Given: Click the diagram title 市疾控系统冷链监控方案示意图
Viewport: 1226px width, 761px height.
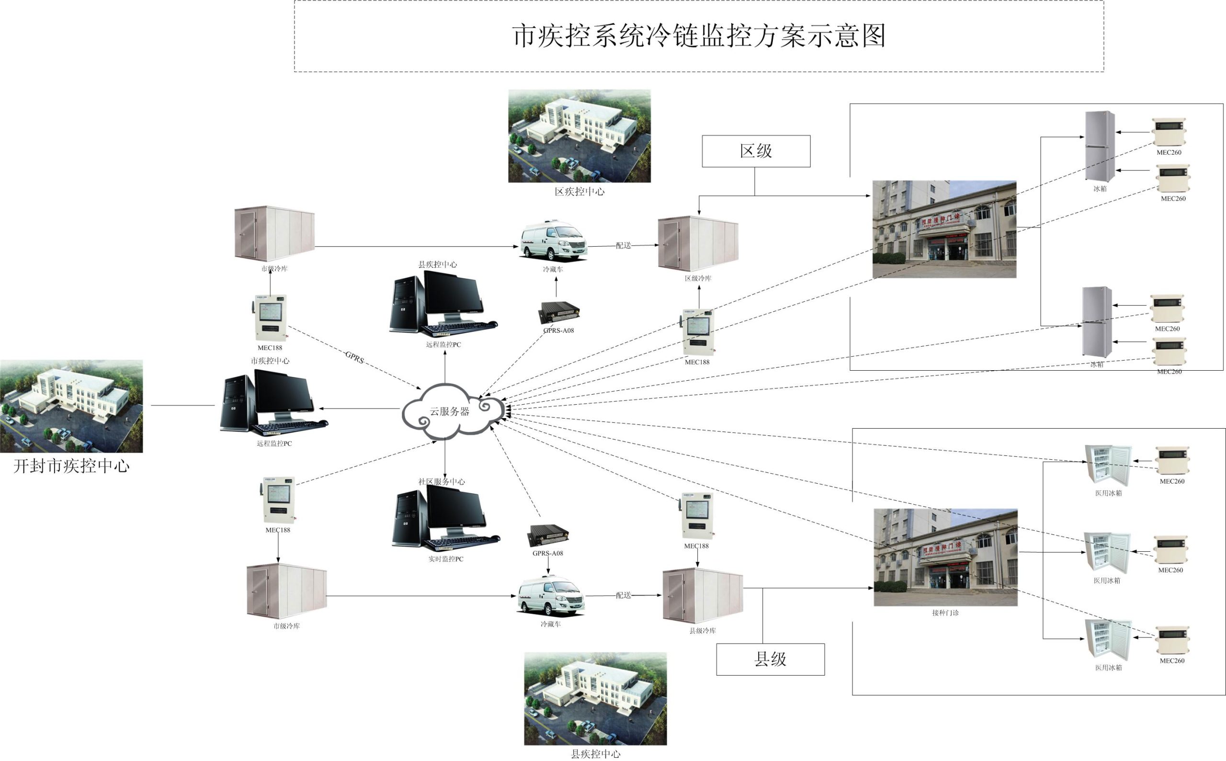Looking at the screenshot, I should coord(699,36).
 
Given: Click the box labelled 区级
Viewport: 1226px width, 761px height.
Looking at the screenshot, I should coord(756,151).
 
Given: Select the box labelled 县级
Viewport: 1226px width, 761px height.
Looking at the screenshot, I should coord(770,659).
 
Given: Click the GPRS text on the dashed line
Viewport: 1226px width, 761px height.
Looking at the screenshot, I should coord(354,357).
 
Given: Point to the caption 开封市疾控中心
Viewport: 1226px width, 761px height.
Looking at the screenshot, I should coord(71,466).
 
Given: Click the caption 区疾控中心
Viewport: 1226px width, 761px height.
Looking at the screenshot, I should coord(579,192).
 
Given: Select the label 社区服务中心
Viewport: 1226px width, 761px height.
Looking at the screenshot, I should coord(442,482).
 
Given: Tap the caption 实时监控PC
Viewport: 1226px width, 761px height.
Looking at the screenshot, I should coord(445,559).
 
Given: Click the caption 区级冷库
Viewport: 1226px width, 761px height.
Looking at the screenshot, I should coord(698,278).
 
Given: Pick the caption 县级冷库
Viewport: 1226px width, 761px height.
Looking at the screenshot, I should coord(702,631).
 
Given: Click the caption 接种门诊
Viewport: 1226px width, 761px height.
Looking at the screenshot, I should coord(945,613).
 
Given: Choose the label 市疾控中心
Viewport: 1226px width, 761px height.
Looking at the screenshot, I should coord(270,361).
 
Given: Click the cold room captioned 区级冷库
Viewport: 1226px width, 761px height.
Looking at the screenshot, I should coord(698,244).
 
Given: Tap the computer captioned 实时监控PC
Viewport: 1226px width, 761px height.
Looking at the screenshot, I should coord(445,518).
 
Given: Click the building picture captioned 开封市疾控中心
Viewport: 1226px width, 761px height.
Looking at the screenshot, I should coord(71,406).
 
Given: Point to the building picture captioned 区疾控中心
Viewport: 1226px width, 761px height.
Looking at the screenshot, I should coord(579,136).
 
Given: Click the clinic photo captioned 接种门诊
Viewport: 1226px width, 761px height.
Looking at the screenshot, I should coord(945,557).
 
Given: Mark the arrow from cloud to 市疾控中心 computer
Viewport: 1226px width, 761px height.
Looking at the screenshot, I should coord(360,408).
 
